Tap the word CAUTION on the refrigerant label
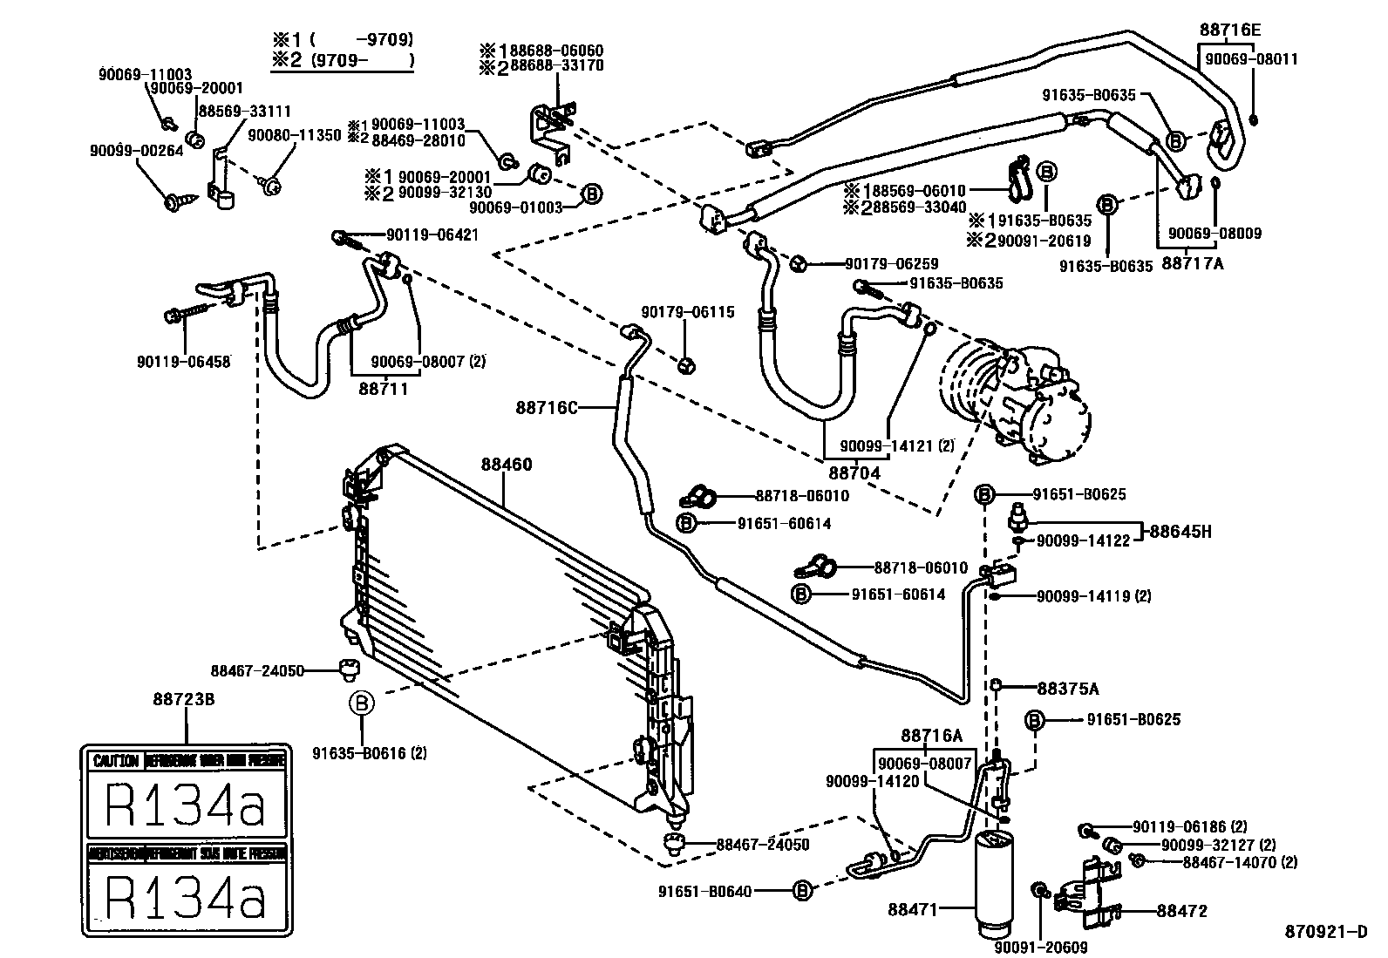(x=115, y=761)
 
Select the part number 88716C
(x=547, y=406)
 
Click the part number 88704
(x=854, y=473)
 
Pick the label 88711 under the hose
(x=383, y=389)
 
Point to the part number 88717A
(x=1193, y=262)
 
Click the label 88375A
(x=1068, y=688)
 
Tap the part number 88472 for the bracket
(x=1181, y=911)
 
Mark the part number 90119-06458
(x=183, y=361)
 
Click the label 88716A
(x=931, y=735)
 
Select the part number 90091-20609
(x=1041, y=948)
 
